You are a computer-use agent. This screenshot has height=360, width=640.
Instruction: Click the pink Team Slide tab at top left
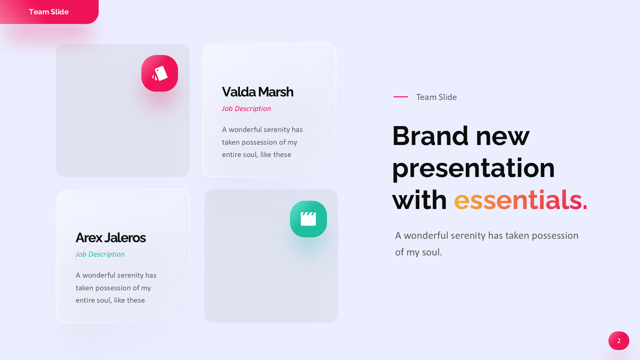point(49,12)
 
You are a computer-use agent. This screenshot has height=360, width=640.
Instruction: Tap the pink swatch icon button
point(160,73)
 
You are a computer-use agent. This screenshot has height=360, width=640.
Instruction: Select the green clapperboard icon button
point(308,219)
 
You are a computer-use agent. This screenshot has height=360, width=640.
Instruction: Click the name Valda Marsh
point(258,92)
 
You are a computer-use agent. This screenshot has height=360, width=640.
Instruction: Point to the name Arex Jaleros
point(111,238)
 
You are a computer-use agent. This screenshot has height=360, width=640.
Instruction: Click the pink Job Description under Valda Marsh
point(246,109)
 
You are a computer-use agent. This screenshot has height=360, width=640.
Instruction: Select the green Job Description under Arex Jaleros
point(100,254)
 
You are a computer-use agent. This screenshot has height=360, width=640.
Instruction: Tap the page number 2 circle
point(619,341)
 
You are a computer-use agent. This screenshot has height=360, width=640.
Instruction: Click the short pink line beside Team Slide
point(401,97)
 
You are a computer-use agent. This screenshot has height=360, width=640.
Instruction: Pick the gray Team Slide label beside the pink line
point(437,97)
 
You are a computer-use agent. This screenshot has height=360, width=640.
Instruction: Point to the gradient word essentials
point(521,200)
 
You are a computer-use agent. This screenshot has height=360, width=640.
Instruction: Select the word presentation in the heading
point(474,169)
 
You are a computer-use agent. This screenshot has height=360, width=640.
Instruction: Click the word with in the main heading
point(420,200)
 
